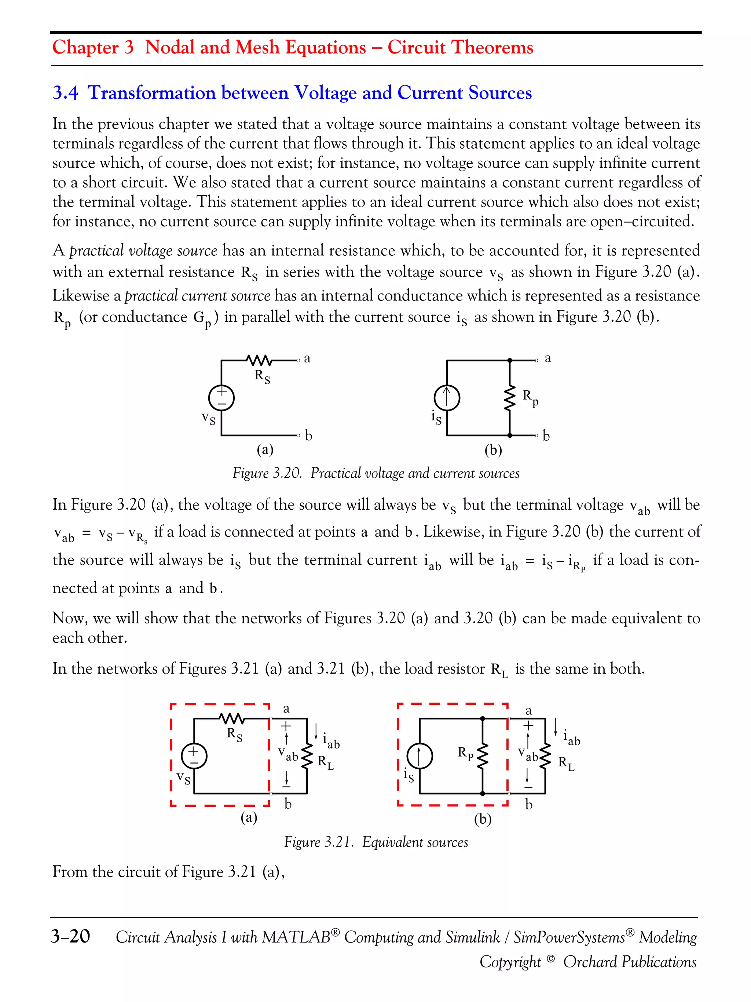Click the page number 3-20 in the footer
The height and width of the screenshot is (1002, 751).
point(71,936)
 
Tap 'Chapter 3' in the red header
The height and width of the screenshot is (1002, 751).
point(93,47)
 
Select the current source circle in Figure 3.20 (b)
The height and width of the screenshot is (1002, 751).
point(447,398)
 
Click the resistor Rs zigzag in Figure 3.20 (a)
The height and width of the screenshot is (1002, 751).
point(259,361)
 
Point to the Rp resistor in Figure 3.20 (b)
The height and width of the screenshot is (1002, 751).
point(510,398)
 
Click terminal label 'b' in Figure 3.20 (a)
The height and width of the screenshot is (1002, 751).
point(309,436)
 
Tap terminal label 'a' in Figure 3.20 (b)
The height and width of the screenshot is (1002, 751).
point(548,358)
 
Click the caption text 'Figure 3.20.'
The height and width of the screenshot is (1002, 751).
point(267,473)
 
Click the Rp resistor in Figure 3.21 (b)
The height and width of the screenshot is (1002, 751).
point(483,755)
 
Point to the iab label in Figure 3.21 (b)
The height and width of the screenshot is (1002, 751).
point(571,737)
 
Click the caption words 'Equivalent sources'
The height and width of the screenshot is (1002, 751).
point(415,842)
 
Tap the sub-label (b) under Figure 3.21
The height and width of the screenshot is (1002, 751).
point(483,819)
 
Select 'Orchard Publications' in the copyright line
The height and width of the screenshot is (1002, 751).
point(629,961)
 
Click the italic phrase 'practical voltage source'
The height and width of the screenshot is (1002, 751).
point(143,251)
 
